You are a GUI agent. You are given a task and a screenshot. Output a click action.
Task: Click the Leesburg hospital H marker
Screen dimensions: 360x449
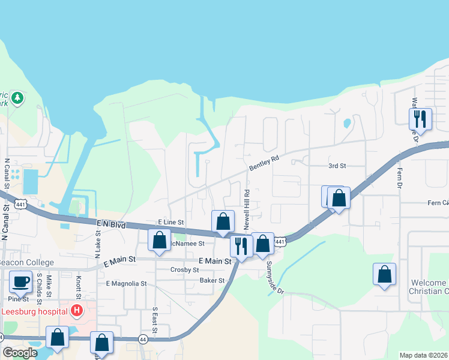pyautogui.click(x=77, y=311)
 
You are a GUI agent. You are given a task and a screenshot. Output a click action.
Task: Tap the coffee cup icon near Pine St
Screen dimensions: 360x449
pyautogui.click(x=20, y=281)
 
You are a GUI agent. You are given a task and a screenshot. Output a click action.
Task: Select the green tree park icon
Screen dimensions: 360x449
pyautogui.click(x=18, y=97)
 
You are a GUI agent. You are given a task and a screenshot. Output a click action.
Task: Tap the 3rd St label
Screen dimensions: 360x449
pyautogui.click(x=337, y=166)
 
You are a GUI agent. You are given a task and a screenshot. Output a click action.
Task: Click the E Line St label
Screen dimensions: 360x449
pyautogui.click(x=170, y=222)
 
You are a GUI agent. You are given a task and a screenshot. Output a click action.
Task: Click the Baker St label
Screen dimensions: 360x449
pyautogui.click(x=212, y=280)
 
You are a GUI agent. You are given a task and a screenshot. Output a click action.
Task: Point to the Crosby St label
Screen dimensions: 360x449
pyautogui.click(x=184, y=270)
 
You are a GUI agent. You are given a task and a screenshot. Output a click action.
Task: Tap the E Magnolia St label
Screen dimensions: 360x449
pyautogui.click(x=126, y=283)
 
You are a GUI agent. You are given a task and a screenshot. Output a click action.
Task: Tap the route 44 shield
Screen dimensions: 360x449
pyautogui.click(x=143, y=339)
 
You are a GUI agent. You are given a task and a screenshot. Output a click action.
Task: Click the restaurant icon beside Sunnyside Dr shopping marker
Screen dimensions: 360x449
pyautogui.click(x=241, y=245)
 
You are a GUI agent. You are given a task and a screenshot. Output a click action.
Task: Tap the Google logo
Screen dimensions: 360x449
pyautogui.click(x=20, y=353)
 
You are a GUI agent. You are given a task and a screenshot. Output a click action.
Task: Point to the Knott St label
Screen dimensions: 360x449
pyautogui.click(x=78, y=287)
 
